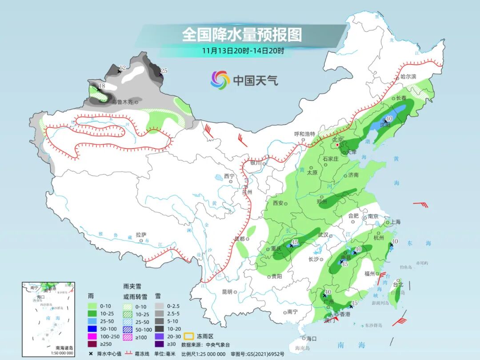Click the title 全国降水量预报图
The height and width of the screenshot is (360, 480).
click(x=242, y=35)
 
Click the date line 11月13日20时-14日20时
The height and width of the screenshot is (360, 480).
click(x=242, y=50)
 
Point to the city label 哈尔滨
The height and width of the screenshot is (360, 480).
click(x=408, y=77)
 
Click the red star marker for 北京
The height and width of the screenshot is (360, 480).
click(x=337, y=144)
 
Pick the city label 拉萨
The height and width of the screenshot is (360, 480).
click(x=141, y=235)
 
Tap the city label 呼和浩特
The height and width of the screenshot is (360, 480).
click(x=305, y=134)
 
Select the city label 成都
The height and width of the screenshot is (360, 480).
click(x=240, y=239)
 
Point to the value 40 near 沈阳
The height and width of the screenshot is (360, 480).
click(x=389, y=119)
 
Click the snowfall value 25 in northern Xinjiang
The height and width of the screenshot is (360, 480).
click(x=164, y=71)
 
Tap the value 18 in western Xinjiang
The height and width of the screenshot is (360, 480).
click(x=102, y=86)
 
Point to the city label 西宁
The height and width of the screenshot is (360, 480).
click(x=229, y=176)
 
